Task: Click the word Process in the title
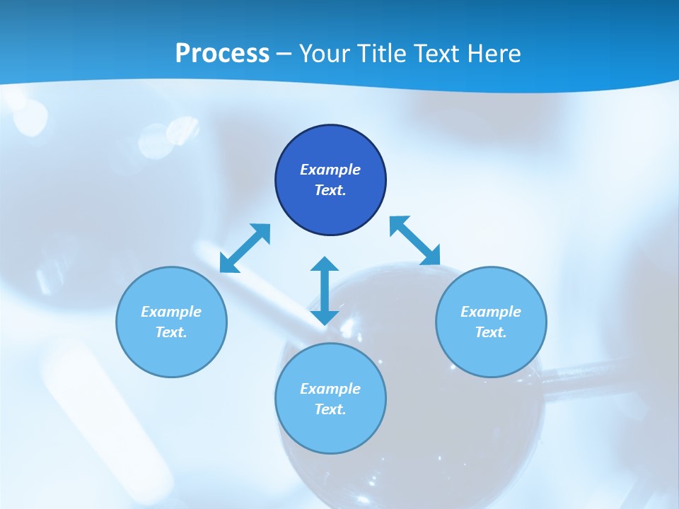[x=222, y=54]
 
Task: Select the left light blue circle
[x=171, y=353]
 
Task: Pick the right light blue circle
[x=491, y=353]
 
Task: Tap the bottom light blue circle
[x=330, y=431]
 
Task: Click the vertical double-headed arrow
[x=325, y=291]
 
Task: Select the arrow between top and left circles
[x=245, y=248]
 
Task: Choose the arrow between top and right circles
[x=415, y=241]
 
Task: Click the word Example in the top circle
[x=330, y=170]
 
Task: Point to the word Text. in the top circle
[x=330, y=190]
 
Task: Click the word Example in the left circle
[x=171, y=312]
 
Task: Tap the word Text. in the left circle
[x=171, y=332]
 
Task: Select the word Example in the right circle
[x=491, y=312]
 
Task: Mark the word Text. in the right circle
[x=491, y=332]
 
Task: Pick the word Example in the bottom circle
[x=330, y=389]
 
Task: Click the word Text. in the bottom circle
[x=330, y=409]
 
